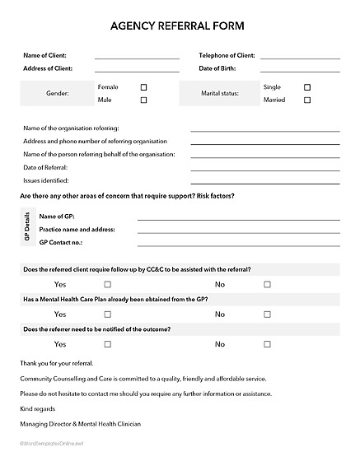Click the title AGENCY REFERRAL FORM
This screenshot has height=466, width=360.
coord(177,26)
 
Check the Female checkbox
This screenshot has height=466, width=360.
coord(143,86)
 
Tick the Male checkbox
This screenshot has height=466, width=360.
coord(143,100)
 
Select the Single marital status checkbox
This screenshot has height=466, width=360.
coord(307,86)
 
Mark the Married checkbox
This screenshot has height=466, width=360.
coord(307,100)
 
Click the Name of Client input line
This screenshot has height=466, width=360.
coord(137,58)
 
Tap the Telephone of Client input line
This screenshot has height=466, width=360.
coord(300,58)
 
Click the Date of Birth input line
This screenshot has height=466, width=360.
coord(300,71)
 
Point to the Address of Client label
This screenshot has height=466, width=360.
coord(48,68)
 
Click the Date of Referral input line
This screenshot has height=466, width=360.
coord(264,170)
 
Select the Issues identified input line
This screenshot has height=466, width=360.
coord(264,182)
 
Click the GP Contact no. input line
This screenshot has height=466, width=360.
coord(238,245)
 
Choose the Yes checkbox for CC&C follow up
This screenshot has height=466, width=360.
coord(107,284)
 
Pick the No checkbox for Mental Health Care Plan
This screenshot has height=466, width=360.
coord(267,315)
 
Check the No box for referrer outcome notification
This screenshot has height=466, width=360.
coord(267,344)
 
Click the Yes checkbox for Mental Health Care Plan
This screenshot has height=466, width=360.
coord(107,315)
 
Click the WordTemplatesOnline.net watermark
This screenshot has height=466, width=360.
coord(53,444)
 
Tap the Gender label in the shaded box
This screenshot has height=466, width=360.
coord(58,94)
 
